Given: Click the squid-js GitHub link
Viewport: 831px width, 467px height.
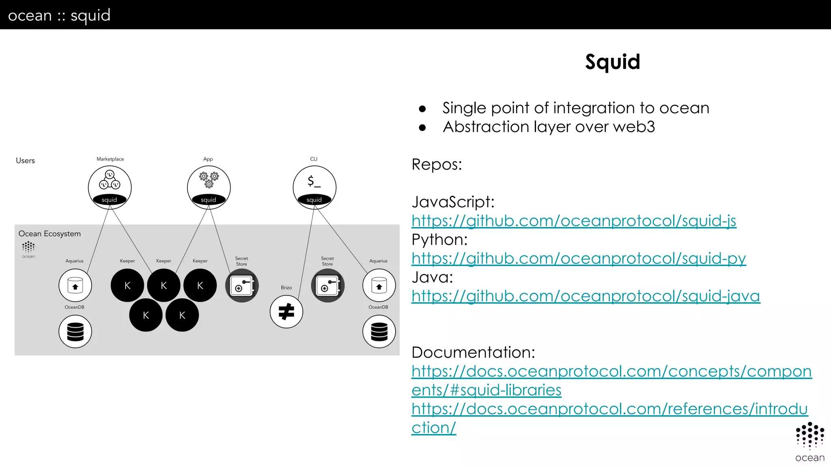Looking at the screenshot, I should (574, 221).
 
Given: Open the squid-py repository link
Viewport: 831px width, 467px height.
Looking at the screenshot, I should (579, 259).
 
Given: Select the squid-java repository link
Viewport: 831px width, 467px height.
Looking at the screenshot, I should (586, 296).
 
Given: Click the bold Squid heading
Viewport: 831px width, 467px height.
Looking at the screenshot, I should (612, 62).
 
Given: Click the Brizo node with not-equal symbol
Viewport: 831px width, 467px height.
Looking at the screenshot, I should (286, 312).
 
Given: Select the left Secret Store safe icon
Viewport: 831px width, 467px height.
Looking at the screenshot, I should (242, 286).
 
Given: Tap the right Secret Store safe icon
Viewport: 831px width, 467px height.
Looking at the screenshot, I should (327, 286).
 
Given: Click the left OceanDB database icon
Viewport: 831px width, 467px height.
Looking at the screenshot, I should (75, 331).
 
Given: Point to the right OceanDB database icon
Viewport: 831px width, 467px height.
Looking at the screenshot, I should (379, 331).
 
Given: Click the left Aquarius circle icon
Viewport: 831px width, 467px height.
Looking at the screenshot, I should (75, 285).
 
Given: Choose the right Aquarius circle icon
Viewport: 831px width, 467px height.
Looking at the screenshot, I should (379, 285).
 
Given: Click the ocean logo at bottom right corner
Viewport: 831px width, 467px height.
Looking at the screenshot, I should (809, 442).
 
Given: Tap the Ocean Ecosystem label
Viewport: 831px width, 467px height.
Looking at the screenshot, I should (50, 234).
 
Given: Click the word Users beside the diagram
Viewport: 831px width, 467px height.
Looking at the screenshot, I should (25, 161).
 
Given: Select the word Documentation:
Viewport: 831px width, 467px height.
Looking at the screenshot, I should (473, 352).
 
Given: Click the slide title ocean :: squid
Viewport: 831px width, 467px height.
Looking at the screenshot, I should (59, 15).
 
